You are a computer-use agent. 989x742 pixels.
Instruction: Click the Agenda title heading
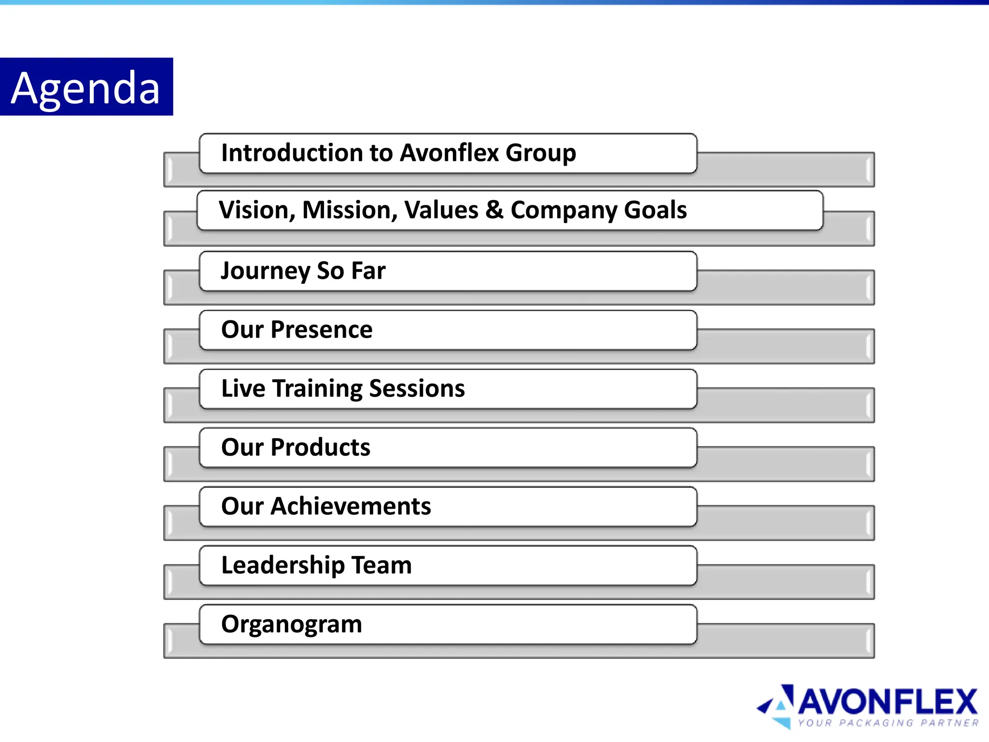pos(85,88)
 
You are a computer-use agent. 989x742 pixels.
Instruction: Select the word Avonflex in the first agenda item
pos(449,153)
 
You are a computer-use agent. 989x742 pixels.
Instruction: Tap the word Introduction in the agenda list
pos(292,153)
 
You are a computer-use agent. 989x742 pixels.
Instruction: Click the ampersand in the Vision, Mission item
pos(494,210)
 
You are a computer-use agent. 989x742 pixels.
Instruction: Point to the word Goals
pos(655,210)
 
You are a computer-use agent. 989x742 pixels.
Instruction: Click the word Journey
pos(265,271)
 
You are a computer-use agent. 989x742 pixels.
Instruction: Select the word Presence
pos(322,329)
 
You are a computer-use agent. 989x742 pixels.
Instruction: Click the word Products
pos(321,447)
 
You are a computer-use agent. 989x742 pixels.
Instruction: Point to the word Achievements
pos(351,506)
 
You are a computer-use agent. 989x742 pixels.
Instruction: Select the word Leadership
pos(283,565)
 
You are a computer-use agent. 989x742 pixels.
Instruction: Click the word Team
pos(381,565)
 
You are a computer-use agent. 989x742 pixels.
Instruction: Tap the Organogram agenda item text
pos(292,624)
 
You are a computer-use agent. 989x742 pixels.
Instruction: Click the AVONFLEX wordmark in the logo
pos(888,702)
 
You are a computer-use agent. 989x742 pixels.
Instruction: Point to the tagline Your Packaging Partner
pos(888,723)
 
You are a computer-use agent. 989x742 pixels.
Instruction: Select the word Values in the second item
pos(441,210)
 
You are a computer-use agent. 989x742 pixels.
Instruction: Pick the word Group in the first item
pos(541,153)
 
